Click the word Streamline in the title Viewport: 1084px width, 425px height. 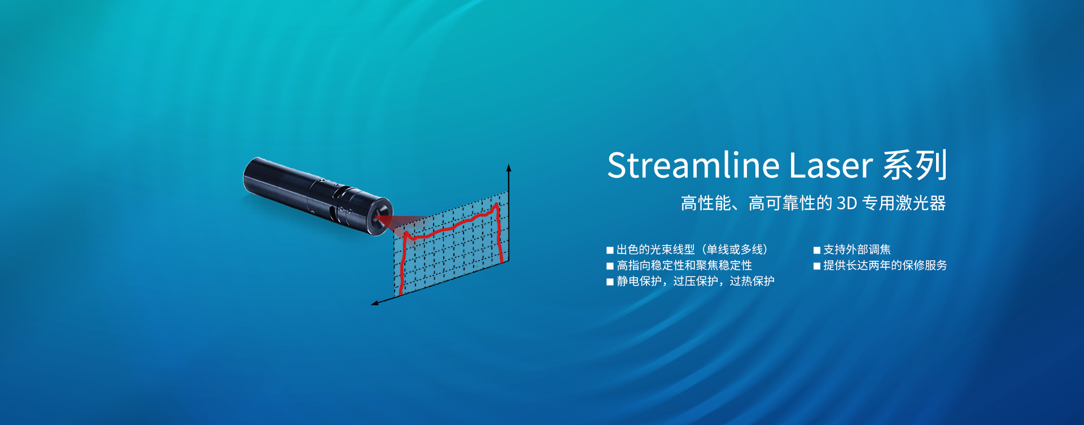pyautogui.click(x=693, y=165)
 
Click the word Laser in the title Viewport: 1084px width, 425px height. pyautogui.click(x=831, y=166)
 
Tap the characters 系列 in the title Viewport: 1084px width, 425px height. pyautogui.click(x=915, y=165)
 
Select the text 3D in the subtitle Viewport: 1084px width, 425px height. pyautogui.click(x=847, y=203)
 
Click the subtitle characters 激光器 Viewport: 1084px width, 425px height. pyautogui.click(x=921, y=203)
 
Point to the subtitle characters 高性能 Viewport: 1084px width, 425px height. pyautogui.click(x=706, y=203)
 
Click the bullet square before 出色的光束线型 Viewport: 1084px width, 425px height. pyautogui.click(x=610, y=250)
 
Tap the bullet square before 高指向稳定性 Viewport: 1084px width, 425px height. pyautogui.click(x=610, y=266)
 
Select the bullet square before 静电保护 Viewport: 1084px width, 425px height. pyautogui.click(x=610, y=282)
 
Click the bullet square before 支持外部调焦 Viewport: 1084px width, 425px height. pyautogui.click(x=816, y=250)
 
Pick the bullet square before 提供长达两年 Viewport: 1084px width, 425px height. pyautogui.click(x=816, y=266)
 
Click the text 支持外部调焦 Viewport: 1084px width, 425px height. pyautogui.click(x=857, y=249)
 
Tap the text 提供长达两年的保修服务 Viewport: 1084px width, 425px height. pyautogui.click(x=885, y=265)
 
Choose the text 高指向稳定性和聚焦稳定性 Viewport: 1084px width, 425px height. pyautogui.click(x=684, y=265)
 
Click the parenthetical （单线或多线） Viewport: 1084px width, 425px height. pyautogui.click(x=735, y=249)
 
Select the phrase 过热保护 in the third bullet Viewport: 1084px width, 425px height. pyautogui.click(x=752, y=281)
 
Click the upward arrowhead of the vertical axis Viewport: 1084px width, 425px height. pyautogui.click(x=509, y=168)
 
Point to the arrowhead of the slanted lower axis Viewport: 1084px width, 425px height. pyautogui.click(x=375, y=303)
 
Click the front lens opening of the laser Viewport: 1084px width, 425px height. pyautogui.click(x=381, y=216)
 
